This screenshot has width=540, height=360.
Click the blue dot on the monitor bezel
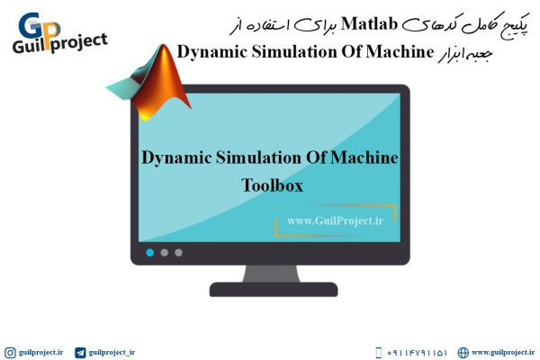click(149, 253)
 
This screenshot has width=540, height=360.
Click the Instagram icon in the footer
click(10, 353)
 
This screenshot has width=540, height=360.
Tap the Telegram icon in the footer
click(80, 353)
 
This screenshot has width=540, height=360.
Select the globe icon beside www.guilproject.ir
click(463, 353)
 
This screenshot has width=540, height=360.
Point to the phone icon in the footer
click(378, 353)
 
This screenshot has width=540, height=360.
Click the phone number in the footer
click(417, 353)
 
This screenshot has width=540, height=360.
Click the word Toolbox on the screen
click(272, 185)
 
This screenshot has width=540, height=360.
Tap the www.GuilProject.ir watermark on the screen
click(335, 220)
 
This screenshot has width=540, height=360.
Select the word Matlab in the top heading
click(369, 23)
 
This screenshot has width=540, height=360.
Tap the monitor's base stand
click(274, 290)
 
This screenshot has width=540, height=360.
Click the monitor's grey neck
click(272, 274)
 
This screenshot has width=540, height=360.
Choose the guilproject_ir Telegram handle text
click(112, 353)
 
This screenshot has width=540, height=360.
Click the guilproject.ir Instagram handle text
click(41, 353)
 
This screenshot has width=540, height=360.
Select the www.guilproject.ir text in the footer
click(503, 353)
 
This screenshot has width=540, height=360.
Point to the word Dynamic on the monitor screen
click(176, 158)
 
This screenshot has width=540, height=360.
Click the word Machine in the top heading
click(400, 52)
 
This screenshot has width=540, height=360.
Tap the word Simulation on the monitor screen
click(258, 157)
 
